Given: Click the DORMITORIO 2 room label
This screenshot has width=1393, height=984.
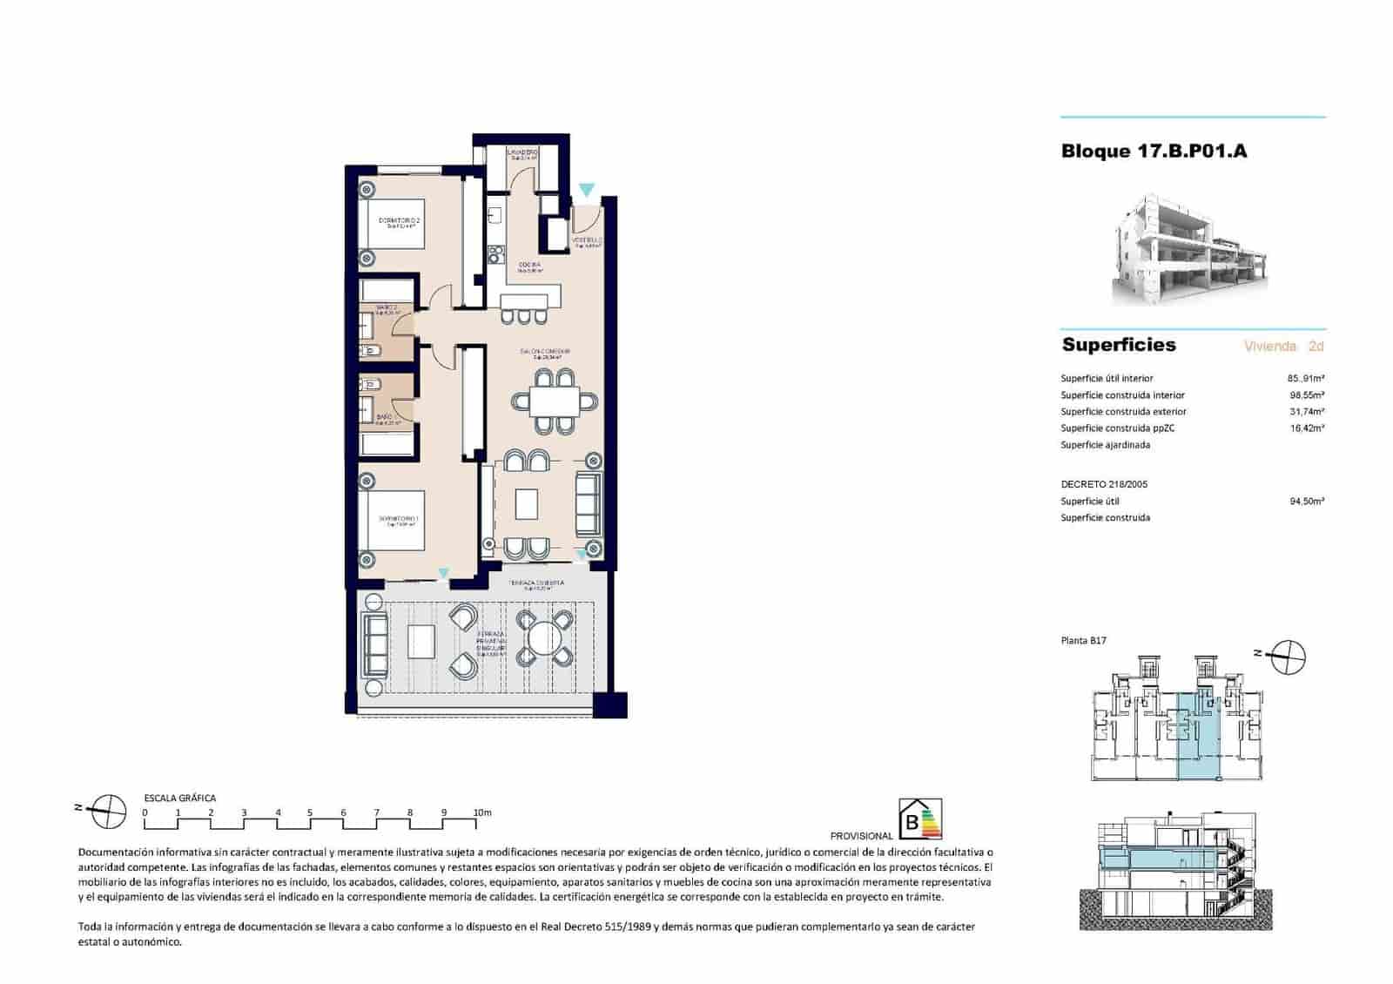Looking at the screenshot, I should [400, 222].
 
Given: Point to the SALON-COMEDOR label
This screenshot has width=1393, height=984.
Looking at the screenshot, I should [545, 353].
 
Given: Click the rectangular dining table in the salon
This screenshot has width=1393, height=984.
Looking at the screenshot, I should [555, 401].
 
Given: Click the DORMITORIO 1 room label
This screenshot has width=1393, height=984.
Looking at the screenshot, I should [398, 520].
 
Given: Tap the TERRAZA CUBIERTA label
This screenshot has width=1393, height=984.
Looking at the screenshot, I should [536, 584].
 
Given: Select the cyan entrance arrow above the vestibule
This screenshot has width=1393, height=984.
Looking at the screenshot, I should [587, 190].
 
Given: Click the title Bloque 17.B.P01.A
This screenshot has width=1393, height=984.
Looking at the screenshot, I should [1154, 151].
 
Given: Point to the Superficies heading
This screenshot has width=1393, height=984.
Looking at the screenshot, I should [1119, 345].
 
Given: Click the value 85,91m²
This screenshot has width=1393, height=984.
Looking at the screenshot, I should [1306, 379].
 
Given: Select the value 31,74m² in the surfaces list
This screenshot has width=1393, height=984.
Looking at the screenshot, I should [1306, 412].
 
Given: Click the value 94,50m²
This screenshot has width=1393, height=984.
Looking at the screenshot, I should [1306, 502].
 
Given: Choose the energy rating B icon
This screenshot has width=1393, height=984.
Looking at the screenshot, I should [919, 819].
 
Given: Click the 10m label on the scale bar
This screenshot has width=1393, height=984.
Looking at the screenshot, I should [482, 812].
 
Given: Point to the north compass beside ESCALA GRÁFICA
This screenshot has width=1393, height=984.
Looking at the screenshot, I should [108, 812].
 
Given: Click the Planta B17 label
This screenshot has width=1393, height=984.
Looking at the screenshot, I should [1083, 641].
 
